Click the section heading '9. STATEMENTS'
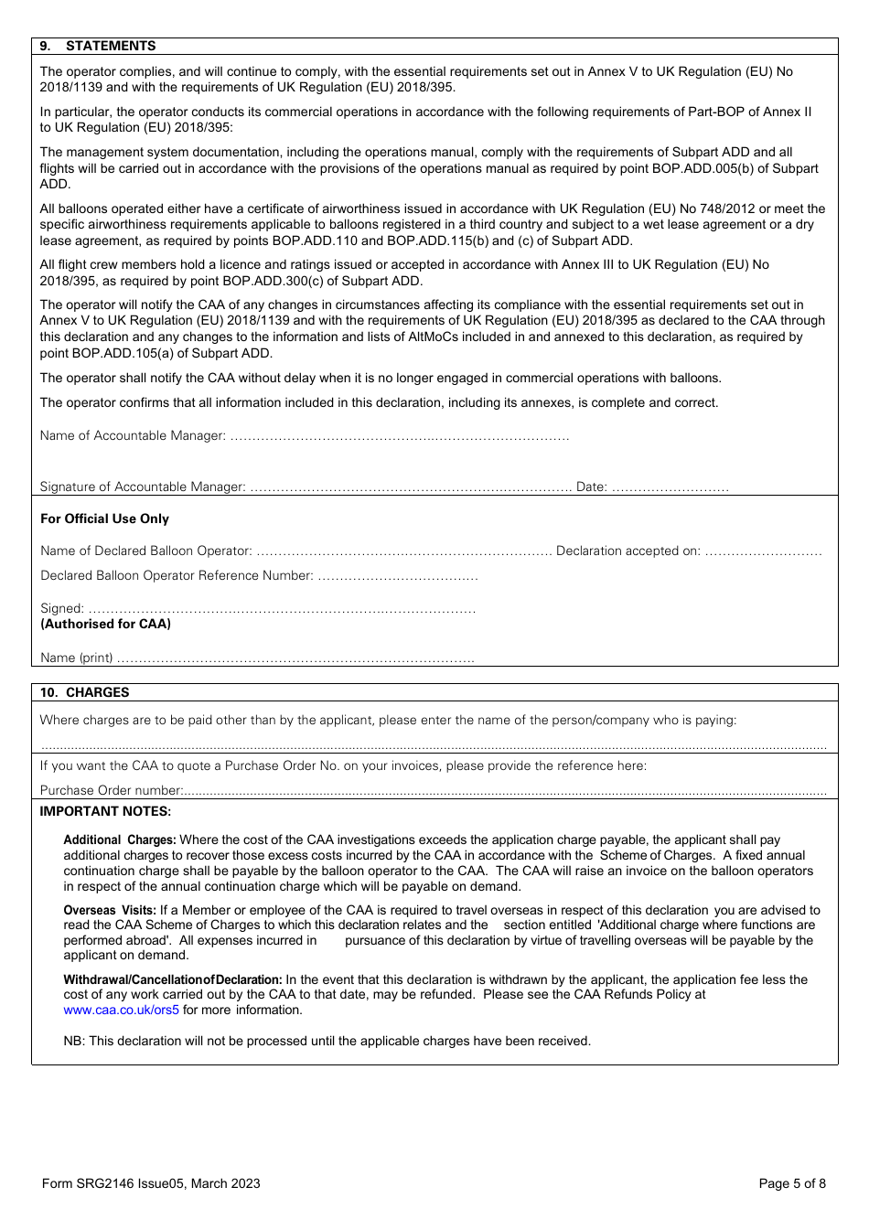pos(98,46)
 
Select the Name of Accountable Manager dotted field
pos(399,436)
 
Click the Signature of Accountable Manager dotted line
pos(410,487)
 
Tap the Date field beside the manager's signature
pos(670,487)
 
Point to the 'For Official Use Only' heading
pos(104,519)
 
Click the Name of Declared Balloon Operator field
pos(403,551)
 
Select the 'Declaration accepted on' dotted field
pos(763,551)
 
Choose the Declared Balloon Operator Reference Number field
pos(397,576)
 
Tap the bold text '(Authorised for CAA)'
pos(105,624)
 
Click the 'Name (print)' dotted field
pos(295,658)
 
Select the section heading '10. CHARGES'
pos(84,692)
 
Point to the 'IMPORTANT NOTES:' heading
pos(105,811)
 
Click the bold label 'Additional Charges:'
pos(119,840)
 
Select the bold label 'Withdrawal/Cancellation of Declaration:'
pos(172,979)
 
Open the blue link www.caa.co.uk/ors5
pos(121,1010)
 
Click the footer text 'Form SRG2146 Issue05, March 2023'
pos(151,1183)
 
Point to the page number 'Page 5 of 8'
pos(792,1183)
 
